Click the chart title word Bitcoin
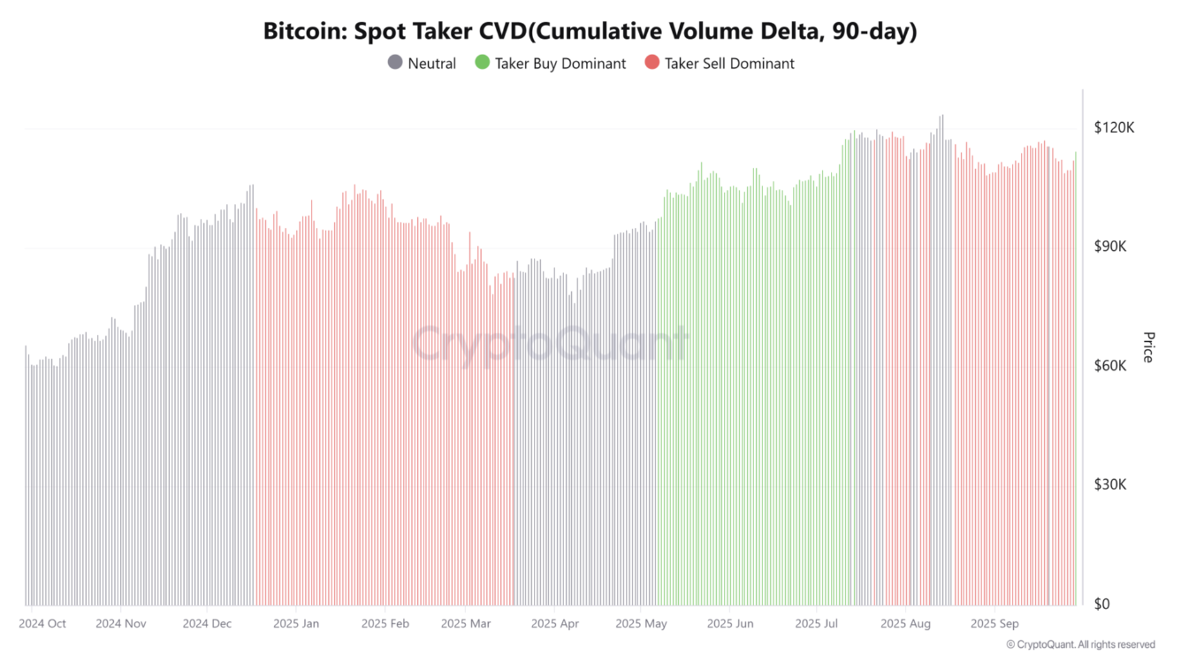[x=303, y=31]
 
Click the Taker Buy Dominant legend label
[x=560, y=64]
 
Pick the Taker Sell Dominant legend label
[x=729, y=64]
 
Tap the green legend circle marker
[x=482, y=63]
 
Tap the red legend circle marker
[x=651, y=63]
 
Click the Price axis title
[x=1148, y=346]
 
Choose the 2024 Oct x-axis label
[x=42, y=623]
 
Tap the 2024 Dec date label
[x=207, y=623]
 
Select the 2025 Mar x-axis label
[x=466, y=623]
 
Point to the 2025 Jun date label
[x=730, y=623]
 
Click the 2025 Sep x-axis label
[x=994, y=623]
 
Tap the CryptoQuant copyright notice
[x=1080, y=644]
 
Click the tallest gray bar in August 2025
[x=942, y=354]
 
